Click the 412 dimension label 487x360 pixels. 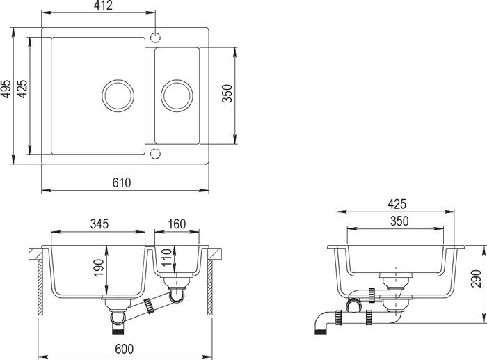click(x=104, y=6)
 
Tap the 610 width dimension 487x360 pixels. click(x=122, y=182)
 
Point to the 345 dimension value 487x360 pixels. click(x=99, y=224)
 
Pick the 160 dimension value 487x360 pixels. click(x=177, y=224)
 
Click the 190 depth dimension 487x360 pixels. click(x=98, y=268)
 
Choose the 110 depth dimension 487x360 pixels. click(x=167, y=258)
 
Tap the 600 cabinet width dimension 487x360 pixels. click(x=125, y=349)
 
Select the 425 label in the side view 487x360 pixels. click(x=397, y=204)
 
